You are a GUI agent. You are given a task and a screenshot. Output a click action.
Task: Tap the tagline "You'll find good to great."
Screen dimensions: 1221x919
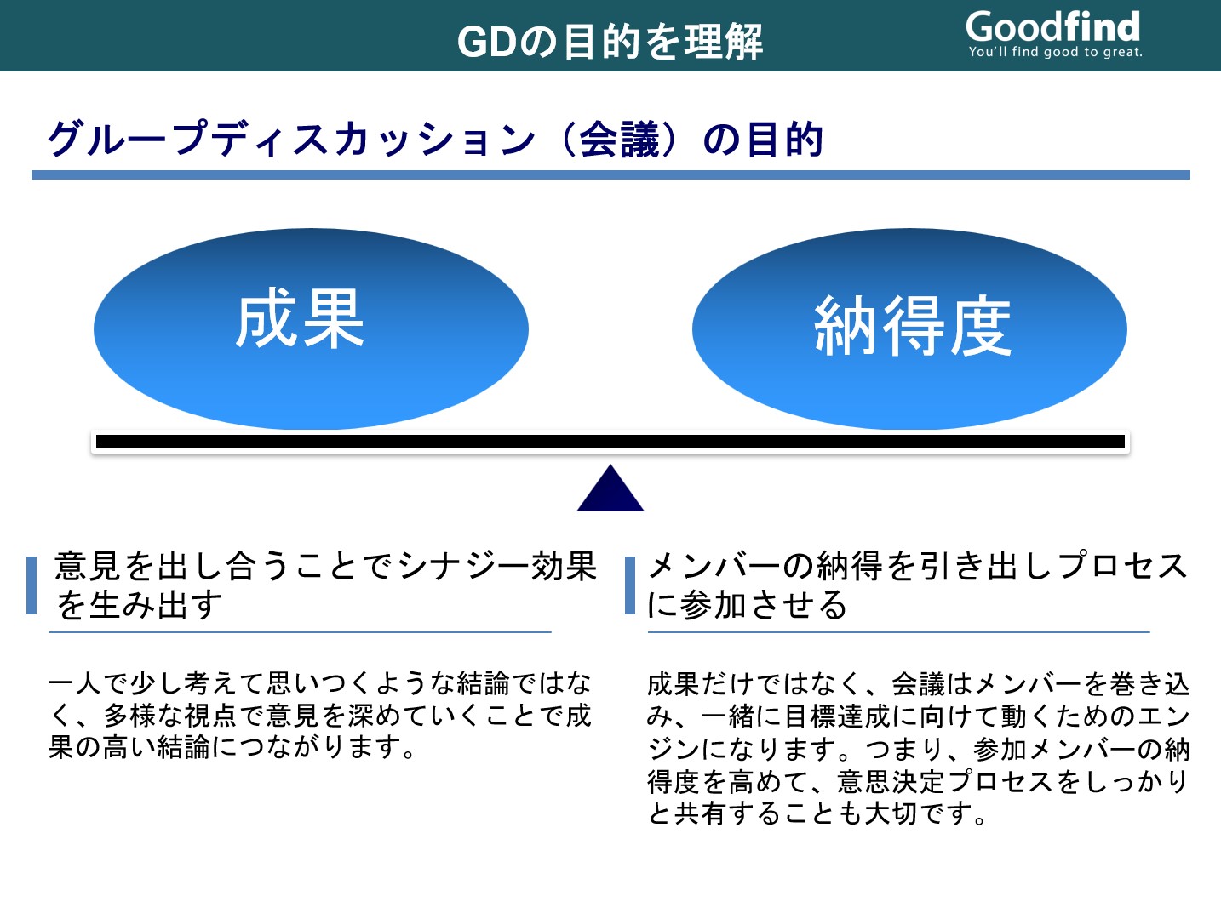click(x=1055, y=52)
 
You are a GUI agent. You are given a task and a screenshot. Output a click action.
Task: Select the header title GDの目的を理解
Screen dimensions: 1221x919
click(x=610, y=41)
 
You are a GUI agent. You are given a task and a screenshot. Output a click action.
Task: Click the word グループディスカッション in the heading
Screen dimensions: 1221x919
click(x=291, y=139)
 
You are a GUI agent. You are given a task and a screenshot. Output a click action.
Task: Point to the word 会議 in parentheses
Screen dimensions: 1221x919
click(x=619, y=139)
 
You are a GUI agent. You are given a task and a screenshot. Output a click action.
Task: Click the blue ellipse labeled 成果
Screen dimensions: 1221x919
click(x=311, y=328)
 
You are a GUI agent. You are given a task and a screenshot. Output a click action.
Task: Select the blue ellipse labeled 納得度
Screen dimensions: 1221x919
click(x=909, y=328)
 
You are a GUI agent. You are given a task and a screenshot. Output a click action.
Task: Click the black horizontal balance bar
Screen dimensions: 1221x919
click(x=610, y=442)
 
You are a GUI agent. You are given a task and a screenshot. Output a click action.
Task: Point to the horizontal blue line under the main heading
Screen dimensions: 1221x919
click(x=610, y=175)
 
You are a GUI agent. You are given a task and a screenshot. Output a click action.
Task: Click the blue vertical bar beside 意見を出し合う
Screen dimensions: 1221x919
click(x=32, y=585)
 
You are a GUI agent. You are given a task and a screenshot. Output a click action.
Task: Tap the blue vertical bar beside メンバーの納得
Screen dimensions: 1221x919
click(x=630, y=585)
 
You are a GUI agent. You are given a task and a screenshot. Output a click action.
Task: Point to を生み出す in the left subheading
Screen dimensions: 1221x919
click(x=139, y=605)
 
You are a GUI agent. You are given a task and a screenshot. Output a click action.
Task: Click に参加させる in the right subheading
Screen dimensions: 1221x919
click(x=747, y=605)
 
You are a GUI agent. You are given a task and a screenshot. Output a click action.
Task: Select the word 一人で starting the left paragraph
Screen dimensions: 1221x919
click(x=89, y=683)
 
